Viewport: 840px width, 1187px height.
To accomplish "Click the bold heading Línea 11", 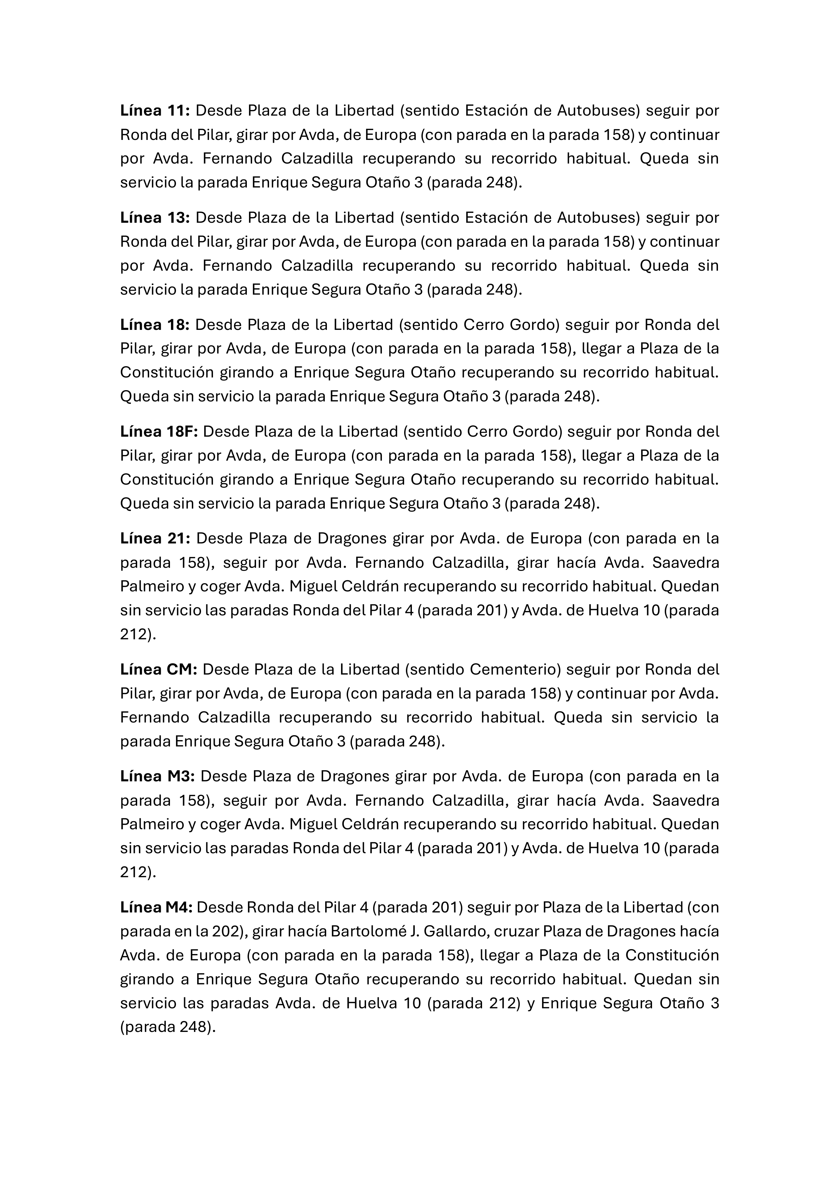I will point(156,111).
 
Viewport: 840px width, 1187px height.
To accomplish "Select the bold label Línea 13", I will point(156,218).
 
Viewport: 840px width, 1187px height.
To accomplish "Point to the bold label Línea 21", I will point(156,539).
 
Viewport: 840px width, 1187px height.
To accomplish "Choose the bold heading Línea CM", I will point(159,670).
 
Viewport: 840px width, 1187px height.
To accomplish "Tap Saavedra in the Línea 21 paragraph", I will point(685,562).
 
